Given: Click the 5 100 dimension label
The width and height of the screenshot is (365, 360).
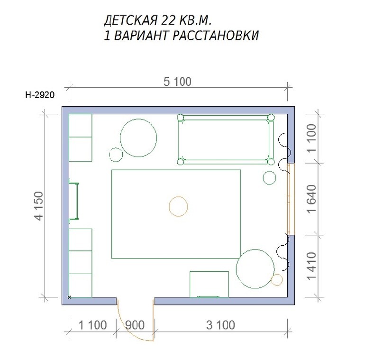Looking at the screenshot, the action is (177, 82).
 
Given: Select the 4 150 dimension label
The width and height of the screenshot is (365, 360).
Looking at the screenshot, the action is (39, 206).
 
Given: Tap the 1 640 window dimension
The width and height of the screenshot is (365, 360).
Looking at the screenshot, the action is (312, 199).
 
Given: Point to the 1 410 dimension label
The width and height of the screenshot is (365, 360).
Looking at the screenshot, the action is (312, 266).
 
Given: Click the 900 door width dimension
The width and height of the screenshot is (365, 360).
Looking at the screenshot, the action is (135, 325).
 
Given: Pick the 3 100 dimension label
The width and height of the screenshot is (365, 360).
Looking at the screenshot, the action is (220, 325).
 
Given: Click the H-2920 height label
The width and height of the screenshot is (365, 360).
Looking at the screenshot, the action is (40, 95).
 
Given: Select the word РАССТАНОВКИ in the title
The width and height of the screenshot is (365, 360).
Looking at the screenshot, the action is (216, 36).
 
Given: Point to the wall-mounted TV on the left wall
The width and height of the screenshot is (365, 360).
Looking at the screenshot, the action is (73, 201).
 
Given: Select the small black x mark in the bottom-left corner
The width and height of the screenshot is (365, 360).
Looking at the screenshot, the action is (69, 297).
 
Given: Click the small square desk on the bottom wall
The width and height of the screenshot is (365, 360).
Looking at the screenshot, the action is (209, 284).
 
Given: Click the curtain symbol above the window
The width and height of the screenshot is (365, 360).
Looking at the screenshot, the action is (285, 154).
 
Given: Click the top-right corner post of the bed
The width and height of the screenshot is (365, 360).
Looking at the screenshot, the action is (271, 117).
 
